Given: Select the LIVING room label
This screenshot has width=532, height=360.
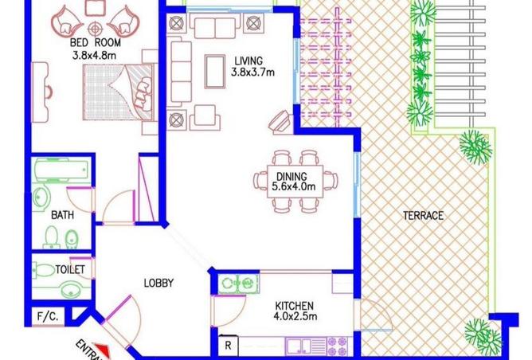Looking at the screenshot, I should point(249,60).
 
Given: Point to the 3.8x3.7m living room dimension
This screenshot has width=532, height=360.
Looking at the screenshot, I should point(252,72).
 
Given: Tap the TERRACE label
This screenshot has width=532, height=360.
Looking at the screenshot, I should point(423,215).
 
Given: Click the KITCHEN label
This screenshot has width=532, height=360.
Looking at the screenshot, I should point(295,306).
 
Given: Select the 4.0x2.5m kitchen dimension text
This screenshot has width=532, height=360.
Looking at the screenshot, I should point(296,318).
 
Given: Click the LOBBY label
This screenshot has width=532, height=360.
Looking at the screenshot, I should point(158,283).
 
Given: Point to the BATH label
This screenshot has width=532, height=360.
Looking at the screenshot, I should point(62,215).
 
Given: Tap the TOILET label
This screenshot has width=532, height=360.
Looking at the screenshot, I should point(70,270).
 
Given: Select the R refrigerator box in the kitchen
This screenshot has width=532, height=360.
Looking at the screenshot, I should point(229,344).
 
